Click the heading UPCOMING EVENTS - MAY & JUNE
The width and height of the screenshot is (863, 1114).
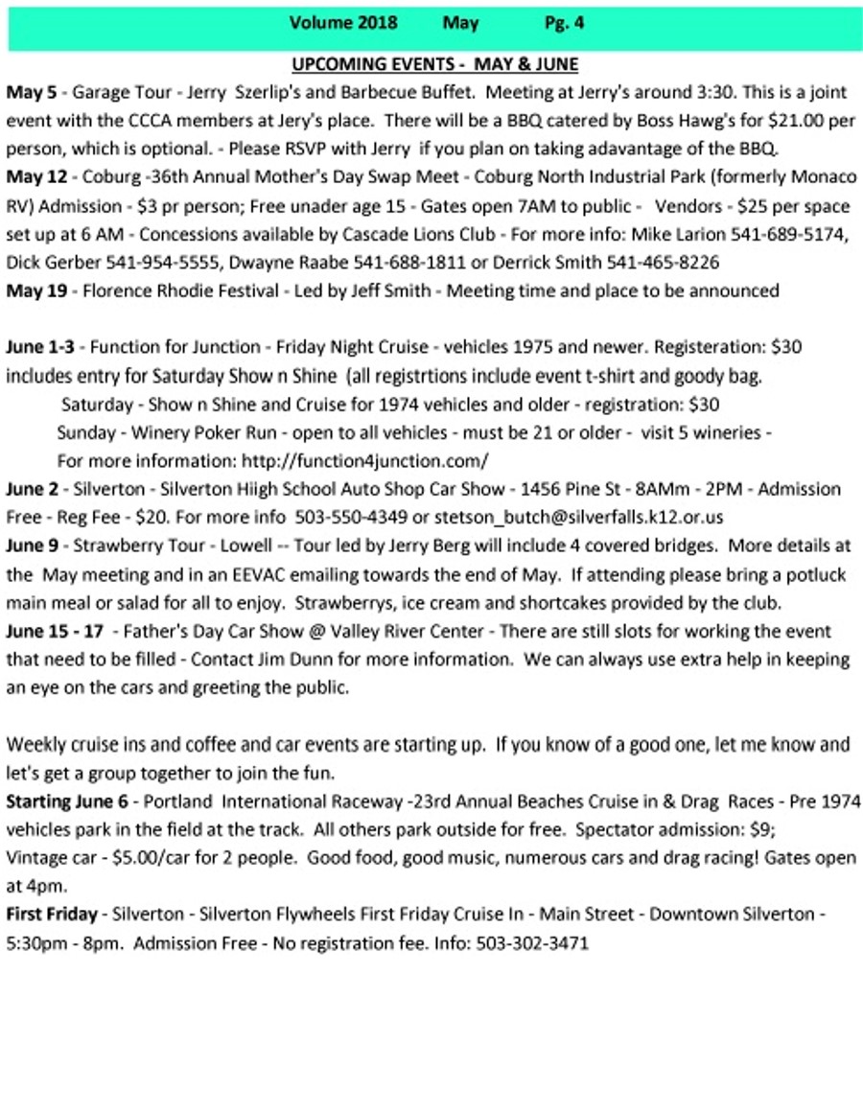pos(434,65)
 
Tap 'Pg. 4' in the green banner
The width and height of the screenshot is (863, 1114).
pos(563,23)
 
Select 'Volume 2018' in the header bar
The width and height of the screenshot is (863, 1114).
pos(342,23)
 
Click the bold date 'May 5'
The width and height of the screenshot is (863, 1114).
pos(32,93)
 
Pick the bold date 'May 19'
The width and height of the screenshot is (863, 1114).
pos(36,290)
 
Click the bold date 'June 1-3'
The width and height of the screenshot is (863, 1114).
pos(39,347)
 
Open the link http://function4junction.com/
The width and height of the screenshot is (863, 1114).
pos(365,460)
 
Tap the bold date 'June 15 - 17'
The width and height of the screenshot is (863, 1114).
pos(54,632)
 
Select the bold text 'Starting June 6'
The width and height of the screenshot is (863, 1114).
pos(65,801)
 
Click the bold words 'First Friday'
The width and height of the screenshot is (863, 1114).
pos(52,915)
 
